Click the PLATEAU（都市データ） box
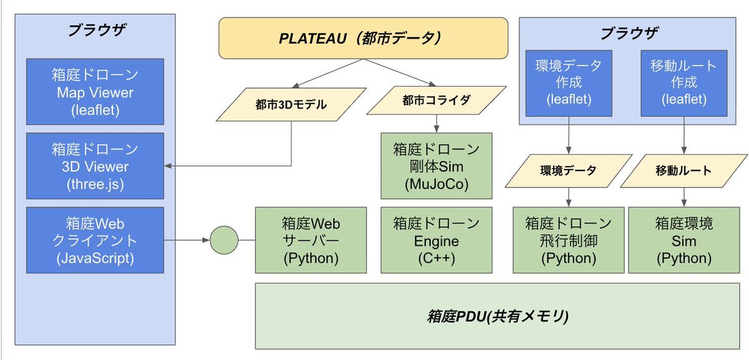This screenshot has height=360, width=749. [x=363, y=38]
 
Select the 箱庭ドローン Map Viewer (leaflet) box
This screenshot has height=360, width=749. [x=95, y=92]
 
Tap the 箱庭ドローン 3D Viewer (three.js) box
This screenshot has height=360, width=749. [x=95, y=167]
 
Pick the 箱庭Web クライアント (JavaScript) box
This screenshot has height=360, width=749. [x=95, y=240]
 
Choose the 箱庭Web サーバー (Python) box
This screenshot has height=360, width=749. [x=311, y=240]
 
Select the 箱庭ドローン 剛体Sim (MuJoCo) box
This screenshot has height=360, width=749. [x=436, y=167]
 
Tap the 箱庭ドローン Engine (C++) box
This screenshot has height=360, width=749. [x=436, y=240]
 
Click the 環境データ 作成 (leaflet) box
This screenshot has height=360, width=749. [x=568, y=82]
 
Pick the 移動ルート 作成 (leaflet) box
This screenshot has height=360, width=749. [x=683, y=82]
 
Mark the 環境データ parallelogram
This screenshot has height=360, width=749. [x=568, y=170]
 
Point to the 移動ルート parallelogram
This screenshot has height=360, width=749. [x=683, y=170]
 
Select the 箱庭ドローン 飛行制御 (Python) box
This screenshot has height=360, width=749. [x=568, y=240]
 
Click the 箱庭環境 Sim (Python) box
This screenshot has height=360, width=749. [x=683, y=240]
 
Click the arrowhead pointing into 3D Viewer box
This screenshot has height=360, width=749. [x=169, y=166]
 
